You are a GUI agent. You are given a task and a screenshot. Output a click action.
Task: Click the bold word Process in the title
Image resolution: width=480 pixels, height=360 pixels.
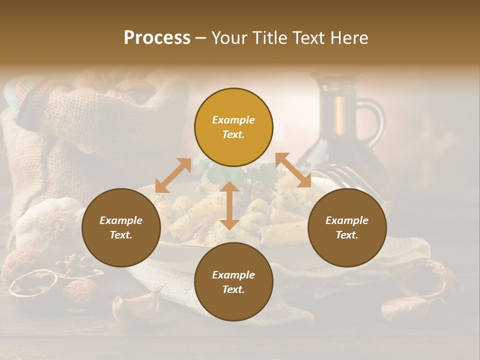[x=157, y=38]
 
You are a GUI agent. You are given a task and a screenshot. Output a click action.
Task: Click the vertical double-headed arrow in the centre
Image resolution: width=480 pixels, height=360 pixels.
[x=229, y=205]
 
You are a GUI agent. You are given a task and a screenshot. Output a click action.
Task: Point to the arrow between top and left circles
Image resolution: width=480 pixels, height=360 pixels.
[x=173, y=175]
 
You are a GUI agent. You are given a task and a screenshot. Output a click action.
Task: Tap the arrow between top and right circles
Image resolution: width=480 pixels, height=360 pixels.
[x=293, y=170]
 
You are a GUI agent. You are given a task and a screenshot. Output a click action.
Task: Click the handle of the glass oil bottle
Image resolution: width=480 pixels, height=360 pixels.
[x=375, y=120]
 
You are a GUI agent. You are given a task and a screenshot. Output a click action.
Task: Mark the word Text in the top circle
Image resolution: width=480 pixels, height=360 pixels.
[x=233, y=134]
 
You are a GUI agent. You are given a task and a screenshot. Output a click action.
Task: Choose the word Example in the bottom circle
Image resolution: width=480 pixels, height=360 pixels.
[x=233, y=274]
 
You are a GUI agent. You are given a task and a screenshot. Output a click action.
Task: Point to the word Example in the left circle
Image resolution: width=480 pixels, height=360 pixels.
[x=121, y=220]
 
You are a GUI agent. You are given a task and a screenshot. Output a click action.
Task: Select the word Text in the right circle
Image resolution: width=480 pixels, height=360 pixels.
[x=346, y=235]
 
